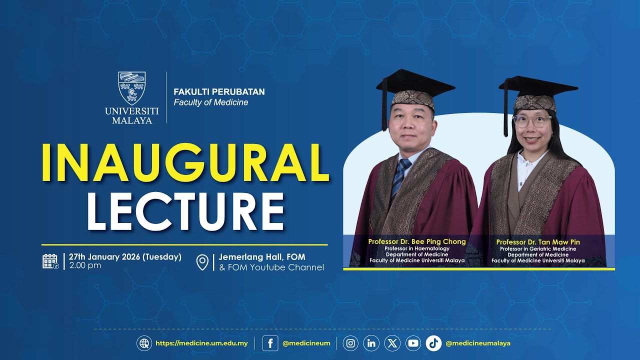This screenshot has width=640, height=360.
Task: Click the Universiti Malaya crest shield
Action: point(132,88)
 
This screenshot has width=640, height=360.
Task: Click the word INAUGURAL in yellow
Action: point(185,162)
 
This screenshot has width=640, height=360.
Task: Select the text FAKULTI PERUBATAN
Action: point(219,92)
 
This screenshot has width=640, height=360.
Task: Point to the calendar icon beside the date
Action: point(50,261)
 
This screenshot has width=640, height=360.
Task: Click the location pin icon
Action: point(202,262)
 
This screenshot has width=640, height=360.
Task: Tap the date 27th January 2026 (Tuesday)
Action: point(125,257)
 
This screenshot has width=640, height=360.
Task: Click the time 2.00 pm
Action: point(85,265)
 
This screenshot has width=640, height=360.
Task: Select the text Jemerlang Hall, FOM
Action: point(261,257)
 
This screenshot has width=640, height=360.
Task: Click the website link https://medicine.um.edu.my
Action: point(201,343)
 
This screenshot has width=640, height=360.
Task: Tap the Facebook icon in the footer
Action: point(270,343)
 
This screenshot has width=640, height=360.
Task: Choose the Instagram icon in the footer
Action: point(350,343)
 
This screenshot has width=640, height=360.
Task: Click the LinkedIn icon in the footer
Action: point(371,343)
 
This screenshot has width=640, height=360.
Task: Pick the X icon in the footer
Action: point(392,343)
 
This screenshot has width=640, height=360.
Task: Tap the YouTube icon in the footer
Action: point(413,343)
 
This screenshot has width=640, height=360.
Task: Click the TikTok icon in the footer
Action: point(433,343)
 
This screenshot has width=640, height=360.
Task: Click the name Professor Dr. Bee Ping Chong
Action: point(416,241)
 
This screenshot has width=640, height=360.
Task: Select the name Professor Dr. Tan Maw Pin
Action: point(538,242)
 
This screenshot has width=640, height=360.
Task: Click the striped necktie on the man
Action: point(399,177)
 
